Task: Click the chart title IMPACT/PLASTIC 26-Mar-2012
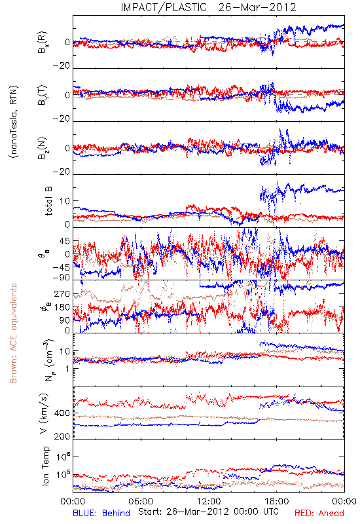click(x=208, y=7)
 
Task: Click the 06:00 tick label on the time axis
click(x=141, y=501)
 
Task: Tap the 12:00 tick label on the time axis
click(x=209, y=501)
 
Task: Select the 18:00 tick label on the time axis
click(x=277, y=501)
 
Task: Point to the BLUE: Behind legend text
click(x=101, y=513)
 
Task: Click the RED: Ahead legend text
click(x=319, y=513)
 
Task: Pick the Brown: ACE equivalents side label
click(x=13, y=333)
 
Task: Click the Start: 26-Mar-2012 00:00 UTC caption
click(x=208, y=512)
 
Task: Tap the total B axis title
click(x=48, y=201)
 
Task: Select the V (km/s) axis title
click(x=44, y=413)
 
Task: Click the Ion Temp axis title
click(x=46, y=466)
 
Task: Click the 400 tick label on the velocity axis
click(x=63, y=413)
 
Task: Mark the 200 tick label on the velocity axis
click(x=63, y=436)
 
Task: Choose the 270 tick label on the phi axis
click(x=63, y=294)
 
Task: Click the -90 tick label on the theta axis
click(x=62, y=278)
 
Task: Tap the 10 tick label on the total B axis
click(x=65, y=201)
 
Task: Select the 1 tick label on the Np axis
click(x=68, y=369)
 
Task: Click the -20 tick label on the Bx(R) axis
click(x=62, y=66)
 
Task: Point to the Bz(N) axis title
click(x=43, y=148)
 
